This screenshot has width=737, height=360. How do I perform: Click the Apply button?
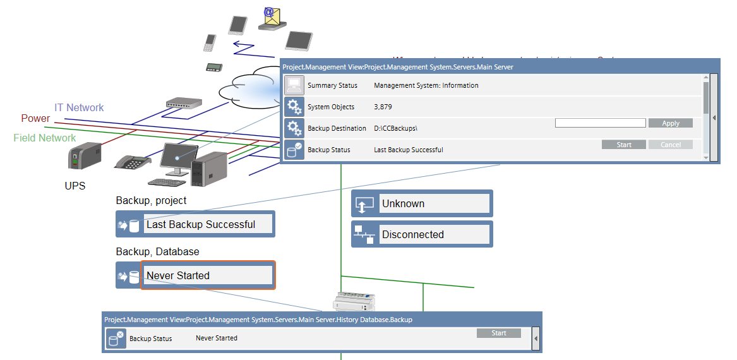pyautogui.click(x=670, y=123)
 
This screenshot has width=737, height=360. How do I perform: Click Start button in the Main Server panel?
pyautogui.click(x=624, y=145)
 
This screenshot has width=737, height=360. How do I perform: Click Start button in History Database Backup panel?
pyautogui.click(x=498, y=333)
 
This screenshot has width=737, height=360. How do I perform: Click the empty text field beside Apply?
pyautogui.click(x=600, y=123)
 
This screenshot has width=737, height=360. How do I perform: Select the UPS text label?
pyautogui.click(x=75, y=186)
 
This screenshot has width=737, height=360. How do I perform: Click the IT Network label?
pyautogui.click(x=79, y=108)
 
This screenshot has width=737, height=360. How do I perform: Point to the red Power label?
pyautogui.click(x=35, y=119)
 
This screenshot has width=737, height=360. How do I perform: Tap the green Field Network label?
pyautogui.click(x=45, y=138)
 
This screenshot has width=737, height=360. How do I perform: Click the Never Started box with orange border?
pyautogui.click(x=208, y=275)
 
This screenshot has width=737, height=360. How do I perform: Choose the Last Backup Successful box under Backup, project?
pyautogui.click(x=208, y=224)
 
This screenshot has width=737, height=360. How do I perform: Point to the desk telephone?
pyautogui.click(x=133, y=162)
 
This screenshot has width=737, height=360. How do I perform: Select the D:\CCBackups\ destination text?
pyautogui.click(x=396, y=128)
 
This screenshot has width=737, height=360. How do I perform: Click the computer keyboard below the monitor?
pyautogui.click(x=167, y=182)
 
